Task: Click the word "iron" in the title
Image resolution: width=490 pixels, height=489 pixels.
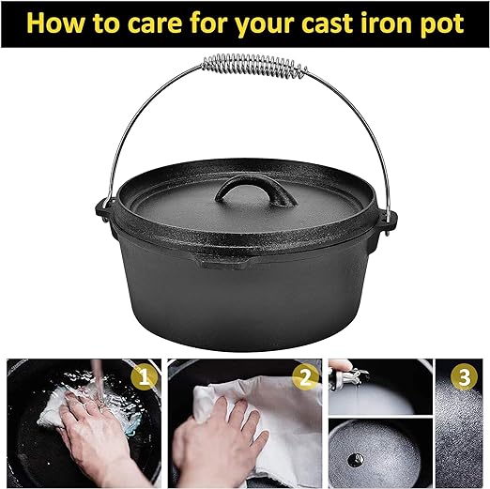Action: pos(386,23)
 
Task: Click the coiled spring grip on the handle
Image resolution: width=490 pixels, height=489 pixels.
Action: pos(254,66)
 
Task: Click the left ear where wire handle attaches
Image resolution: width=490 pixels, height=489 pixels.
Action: pos(104,210)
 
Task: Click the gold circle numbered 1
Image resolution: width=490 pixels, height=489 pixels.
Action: pos(144,378)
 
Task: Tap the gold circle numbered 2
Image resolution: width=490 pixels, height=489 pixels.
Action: pos(305,378)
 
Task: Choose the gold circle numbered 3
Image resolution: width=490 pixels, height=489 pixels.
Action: pos(464,377)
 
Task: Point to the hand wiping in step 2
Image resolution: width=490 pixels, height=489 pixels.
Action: pos(219,438)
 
